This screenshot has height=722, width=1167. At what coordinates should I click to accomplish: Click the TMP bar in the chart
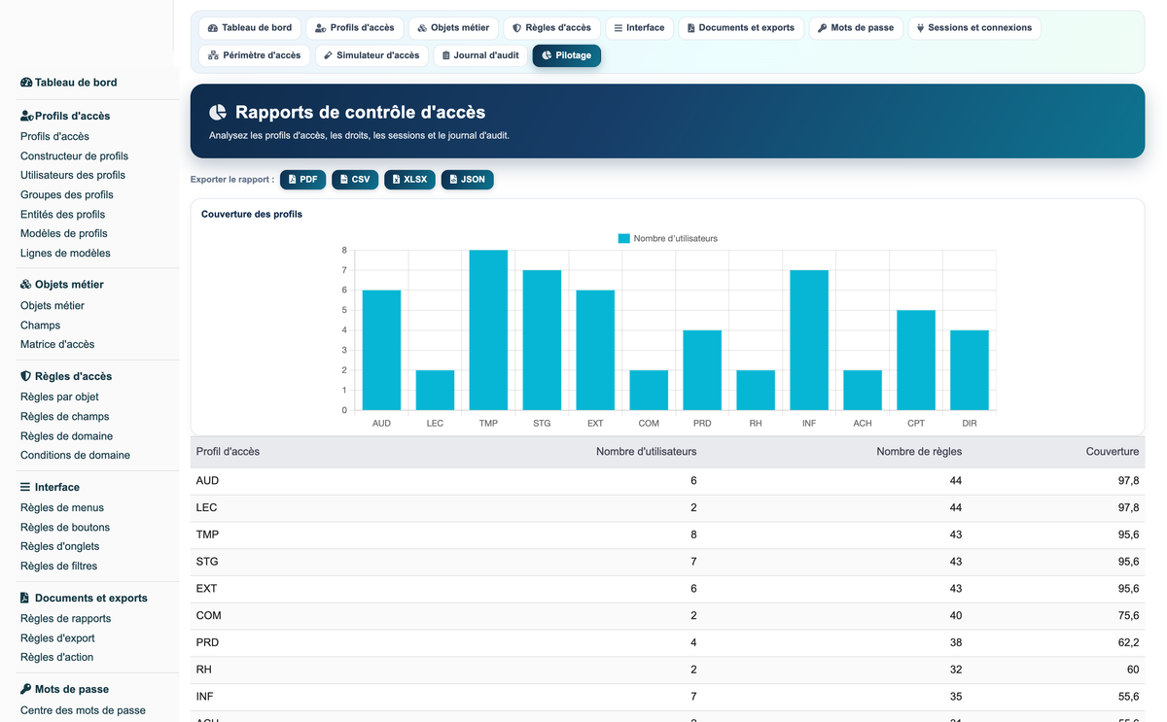coord(488,330)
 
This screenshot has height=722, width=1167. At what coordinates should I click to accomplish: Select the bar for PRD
coord(702,370)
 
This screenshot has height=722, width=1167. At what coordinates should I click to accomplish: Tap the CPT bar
coord(916,361)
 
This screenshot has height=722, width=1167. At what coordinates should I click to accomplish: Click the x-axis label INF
coord(809,424)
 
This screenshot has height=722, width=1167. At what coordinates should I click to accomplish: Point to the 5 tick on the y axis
coord(344,310)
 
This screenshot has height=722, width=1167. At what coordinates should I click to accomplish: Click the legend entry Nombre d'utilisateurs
coord(668,238)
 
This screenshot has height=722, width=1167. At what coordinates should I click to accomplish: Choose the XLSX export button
coord(409,180)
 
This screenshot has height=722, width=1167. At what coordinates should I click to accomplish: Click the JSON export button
coord(468,180)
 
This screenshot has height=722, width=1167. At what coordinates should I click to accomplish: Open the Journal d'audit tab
coord(479,55)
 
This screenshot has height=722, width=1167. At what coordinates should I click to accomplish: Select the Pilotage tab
coord(566,55)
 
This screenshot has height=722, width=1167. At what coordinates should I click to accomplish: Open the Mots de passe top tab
coord(856,28)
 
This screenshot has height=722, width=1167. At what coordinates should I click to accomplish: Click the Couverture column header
coord(1112,451)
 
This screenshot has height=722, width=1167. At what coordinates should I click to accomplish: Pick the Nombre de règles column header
coord(919,451)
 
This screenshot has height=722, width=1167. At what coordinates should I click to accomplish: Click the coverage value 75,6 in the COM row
coord(1128,615)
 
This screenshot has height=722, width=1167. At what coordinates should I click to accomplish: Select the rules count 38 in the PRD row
coord(955,642)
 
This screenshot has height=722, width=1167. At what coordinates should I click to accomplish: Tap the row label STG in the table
coord(207,561)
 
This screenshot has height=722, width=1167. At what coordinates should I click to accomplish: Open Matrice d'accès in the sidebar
coord(57,344)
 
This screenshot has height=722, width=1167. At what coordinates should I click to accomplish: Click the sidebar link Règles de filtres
coord(58,566)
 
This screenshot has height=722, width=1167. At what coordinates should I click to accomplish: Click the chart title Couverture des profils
coord(252,214)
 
